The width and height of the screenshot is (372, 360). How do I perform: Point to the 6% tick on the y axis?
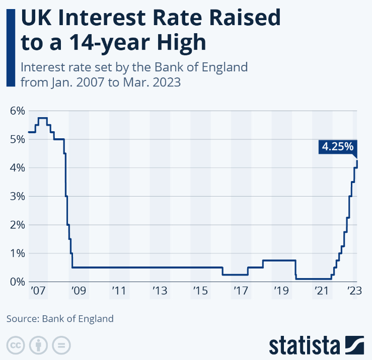pos(17,111)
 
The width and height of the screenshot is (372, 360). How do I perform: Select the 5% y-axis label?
pos(17,139)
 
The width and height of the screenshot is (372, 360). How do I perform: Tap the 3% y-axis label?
pos(17,196)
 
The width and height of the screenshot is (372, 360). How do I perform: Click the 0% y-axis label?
pos(17,282)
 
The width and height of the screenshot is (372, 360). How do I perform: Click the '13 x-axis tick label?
pos(159,291)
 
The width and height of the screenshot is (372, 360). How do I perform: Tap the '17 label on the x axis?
pos(241,291)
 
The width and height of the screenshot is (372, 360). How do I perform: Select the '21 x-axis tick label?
pos(322,291)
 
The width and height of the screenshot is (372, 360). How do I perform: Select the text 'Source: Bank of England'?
pos(60,318)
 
